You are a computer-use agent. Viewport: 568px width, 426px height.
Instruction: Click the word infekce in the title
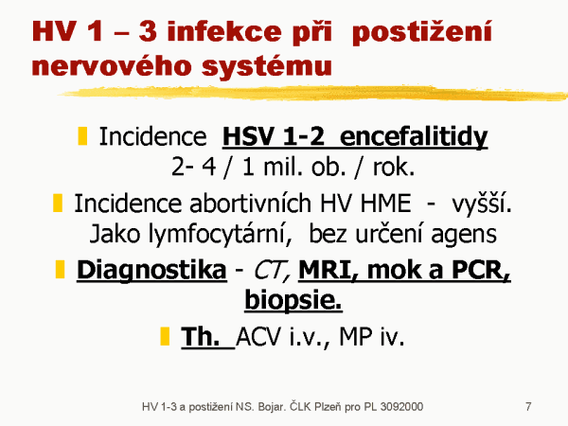pos(224,31)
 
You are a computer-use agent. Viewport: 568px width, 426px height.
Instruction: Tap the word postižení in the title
pos(422,32)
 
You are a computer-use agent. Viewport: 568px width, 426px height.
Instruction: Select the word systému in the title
pos(267,66)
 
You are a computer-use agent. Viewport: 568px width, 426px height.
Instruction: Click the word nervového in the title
pos(112,65)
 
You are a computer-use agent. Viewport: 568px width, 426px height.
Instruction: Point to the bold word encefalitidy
pos(414,137)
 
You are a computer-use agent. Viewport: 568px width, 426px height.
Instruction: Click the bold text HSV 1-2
pos(274,136)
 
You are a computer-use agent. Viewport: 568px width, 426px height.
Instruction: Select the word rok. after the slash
pos(394,168)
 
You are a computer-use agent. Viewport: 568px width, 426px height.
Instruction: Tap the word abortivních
pos(250,204)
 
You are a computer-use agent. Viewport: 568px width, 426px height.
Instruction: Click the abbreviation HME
pos(385,204)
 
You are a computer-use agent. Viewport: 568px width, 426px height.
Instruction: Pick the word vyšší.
pos(482,204)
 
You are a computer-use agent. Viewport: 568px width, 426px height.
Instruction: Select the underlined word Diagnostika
pos(151,271)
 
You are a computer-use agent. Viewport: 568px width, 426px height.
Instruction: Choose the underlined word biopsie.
pos(293,301)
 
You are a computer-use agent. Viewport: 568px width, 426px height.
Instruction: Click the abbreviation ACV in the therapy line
pos(258,337)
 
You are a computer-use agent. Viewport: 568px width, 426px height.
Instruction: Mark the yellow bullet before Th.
pos(165,336)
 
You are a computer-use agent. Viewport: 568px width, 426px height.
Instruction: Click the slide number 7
pos(528,406)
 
